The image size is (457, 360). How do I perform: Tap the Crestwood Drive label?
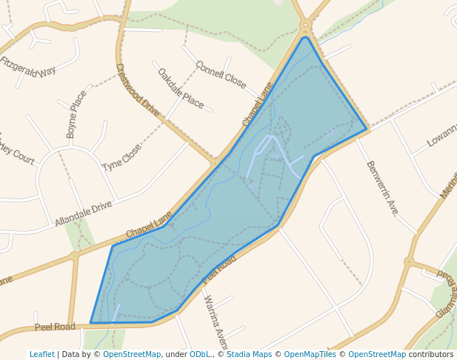tap(137, 90)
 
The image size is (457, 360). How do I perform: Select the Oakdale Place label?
tap(180, 88)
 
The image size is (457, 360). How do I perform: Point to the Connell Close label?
tap(221, 75)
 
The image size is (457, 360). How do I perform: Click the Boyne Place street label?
tap(76, 114)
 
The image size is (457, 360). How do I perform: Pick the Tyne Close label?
tap(121, 156)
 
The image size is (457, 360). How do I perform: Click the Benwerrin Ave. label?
tap(382, 187)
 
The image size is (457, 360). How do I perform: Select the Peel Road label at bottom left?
tap(55, 327)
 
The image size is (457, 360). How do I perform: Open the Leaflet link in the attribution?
tap(41, 355)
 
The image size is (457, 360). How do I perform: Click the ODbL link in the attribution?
tap(200, 355)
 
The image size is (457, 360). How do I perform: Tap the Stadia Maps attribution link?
tap(249, 355)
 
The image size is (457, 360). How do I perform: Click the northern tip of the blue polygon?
tap(304, 37)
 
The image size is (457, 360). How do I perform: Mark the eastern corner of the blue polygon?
tap(367, 130)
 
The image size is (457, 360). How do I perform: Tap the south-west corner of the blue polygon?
tap(91, 323)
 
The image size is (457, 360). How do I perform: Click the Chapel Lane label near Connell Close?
tap(258, 104)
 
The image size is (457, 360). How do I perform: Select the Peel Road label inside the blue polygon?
tap(219, 269)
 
